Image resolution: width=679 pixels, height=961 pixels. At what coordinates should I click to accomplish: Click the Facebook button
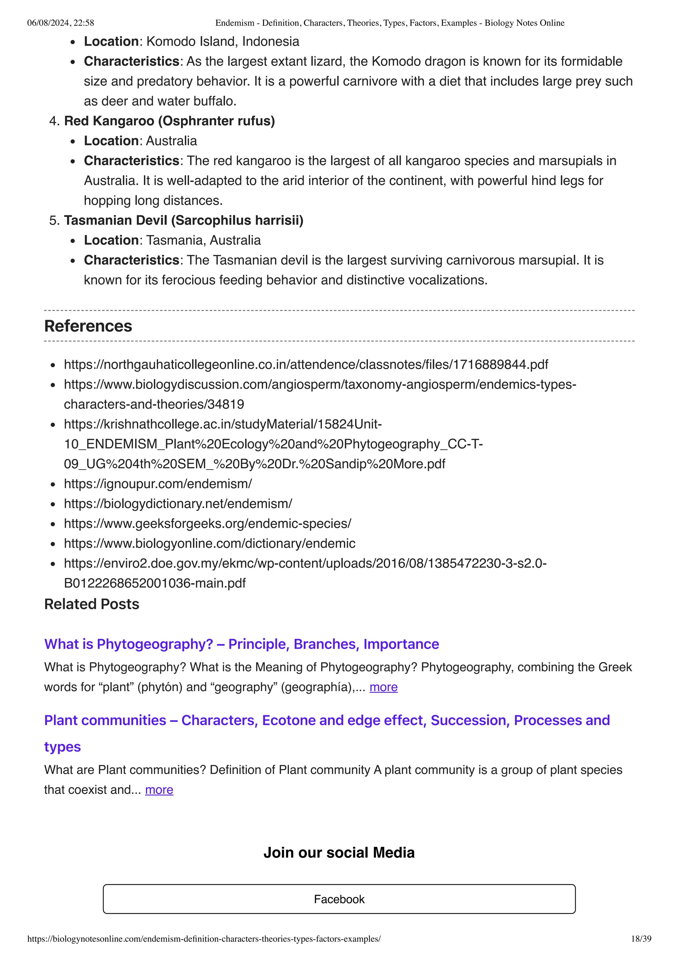coord(339,899)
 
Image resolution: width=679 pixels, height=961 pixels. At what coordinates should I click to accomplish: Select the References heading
coord(88,326)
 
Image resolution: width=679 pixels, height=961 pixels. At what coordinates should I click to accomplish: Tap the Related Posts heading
coord(92,604)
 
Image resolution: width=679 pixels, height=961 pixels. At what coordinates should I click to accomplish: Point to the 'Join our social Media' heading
coord(339,853)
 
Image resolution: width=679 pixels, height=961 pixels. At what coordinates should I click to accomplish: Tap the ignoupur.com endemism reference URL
coord(158,484)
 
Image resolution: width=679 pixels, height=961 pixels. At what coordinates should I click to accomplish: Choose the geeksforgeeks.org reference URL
coord(208,524)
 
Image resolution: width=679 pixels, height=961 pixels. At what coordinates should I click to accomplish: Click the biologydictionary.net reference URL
coord(178,503)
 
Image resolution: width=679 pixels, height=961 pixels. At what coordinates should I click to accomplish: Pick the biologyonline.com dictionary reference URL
coord(210,543)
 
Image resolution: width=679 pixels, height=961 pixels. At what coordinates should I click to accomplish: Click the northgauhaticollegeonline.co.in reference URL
coord(306,364)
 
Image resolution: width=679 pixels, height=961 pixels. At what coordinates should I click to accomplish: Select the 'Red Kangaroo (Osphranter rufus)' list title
coord(169,121)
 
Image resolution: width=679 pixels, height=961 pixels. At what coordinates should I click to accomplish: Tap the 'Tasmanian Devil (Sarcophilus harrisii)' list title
coord(184,220)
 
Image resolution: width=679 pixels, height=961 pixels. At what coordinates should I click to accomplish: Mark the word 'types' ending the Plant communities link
coord(62,747)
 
